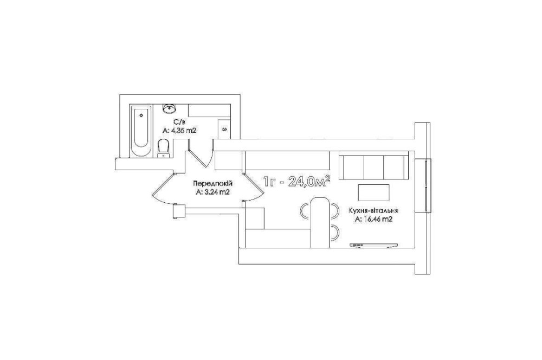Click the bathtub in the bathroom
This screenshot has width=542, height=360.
coord(141,130)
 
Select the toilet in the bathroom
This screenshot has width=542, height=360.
coord(163,147)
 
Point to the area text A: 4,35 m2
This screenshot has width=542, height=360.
coord(179,131)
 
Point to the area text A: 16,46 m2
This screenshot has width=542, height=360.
coord(373,220)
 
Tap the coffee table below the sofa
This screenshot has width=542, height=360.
coord(373,192)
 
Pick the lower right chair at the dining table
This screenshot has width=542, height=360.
coord(334,233)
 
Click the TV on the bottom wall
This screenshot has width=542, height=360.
coord(373,245)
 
